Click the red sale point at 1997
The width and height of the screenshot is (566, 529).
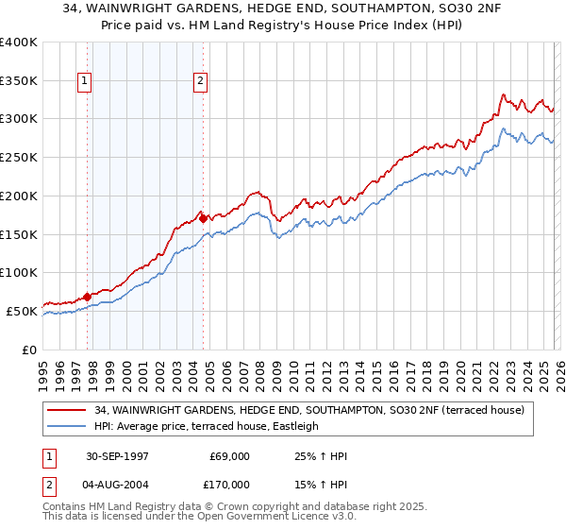coord(88,297)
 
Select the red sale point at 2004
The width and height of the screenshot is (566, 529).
coord(203,218)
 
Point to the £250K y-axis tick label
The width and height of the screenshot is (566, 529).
coord(19,158)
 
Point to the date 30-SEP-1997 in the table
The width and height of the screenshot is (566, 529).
coord(117,456)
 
